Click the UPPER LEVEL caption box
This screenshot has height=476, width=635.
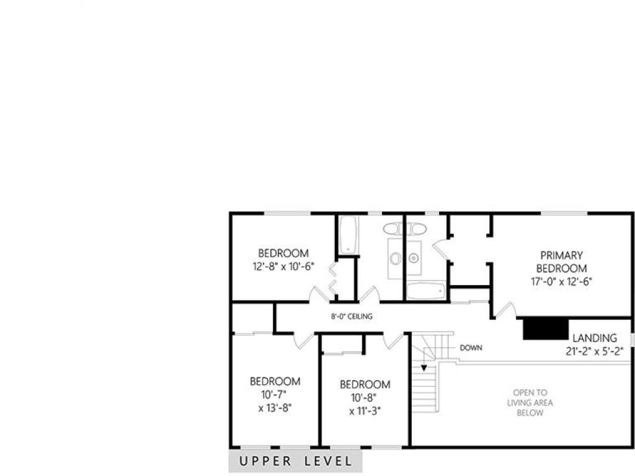pyautogui.click(x=295, y=461)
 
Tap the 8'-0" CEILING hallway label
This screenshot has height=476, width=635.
pyautogui.click(x=352, y=317)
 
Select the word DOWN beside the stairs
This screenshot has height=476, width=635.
pyautogui.click(x=471, y=348)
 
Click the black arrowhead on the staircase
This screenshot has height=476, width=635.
pyautogui.click(x=424, y=368)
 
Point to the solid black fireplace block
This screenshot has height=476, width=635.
pyautogui.click(x=546, y=328)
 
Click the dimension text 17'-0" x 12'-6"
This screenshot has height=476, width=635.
pyautogui.click(x=562, y=282)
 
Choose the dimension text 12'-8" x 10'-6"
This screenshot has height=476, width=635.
pyautogui.click(x=283, y=267)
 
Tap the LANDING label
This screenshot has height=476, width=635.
pyautogui.click(x=595, y=338)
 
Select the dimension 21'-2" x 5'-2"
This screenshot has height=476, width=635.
pyautogui.click(x=595, y=351)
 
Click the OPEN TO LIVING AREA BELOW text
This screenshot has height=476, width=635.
pyautogui.click(x=530, y=403)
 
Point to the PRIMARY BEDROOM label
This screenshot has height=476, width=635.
pyautogui.click(x=562, y=262)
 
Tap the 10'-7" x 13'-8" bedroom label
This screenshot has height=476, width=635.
pyautogui.click(x=275, y=401)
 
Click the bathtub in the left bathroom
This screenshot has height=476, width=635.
pyautogui.click(x=349, y=235)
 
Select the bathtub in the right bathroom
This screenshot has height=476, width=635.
pyautogui.click(x=426, y=291)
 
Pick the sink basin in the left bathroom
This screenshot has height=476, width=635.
pyautogui.click(x=396, y=258)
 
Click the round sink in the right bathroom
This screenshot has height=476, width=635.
pyautogui.click(x=414, y=257)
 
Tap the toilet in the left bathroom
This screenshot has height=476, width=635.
pyautogui.click(x=393, y=229)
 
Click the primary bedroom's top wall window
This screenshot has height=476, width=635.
pyautogui.click(x=564, y=213)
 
